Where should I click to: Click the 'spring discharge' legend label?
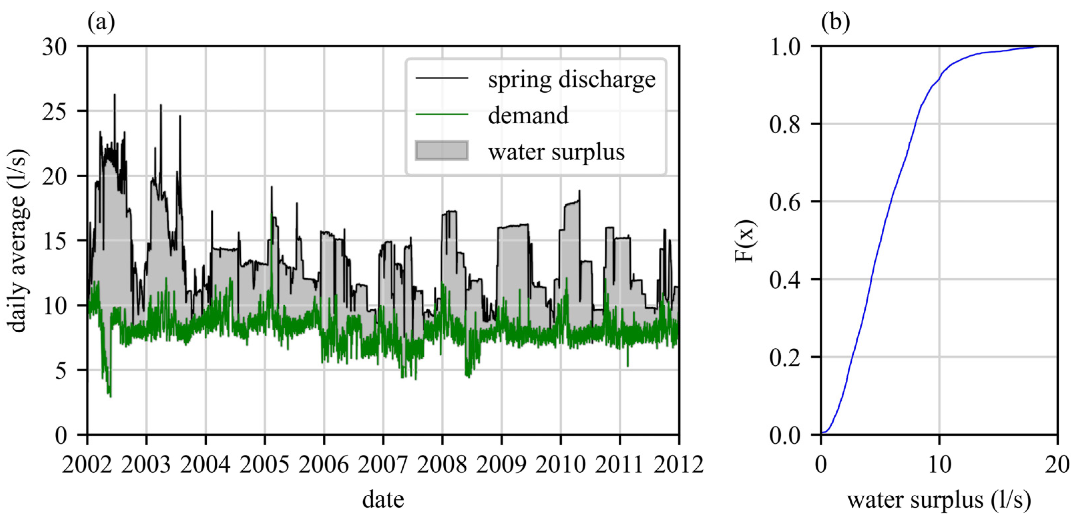(x=572, y=79)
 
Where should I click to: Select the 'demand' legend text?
(x=528, y=116)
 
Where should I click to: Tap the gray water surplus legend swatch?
(x=442, y=151)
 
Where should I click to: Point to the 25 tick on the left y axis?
(x=54, y=111)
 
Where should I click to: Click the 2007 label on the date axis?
(x=383, y=464)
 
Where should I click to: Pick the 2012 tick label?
(x=678, y=464)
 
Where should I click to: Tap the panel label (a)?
(x=101, y=23)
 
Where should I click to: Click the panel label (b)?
(x=835, y=23)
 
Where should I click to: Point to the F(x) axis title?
(x=745, y=240)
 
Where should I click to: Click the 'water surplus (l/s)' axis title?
(x=939, y=499)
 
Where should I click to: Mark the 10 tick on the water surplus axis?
(x=939, y=464)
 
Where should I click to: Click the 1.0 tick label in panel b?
(x=785, y=47)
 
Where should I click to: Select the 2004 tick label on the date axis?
(x=205, y=464)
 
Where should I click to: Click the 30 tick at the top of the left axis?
(x=54, y=47)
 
